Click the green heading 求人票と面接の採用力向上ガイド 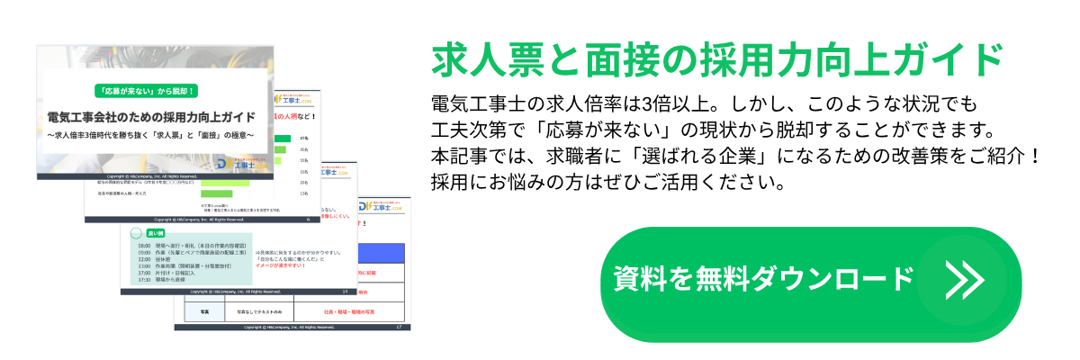717,60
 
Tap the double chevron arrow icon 964,280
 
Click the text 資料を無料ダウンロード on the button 763,279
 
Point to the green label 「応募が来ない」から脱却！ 151,91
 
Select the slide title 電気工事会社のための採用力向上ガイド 151,118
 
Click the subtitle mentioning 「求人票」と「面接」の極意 151,136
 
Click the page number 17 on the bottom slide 397,327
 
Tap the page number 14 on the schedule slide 346,292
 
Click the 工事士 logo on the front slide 238,164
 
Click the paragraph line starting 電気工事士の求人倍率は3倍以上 697,101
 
